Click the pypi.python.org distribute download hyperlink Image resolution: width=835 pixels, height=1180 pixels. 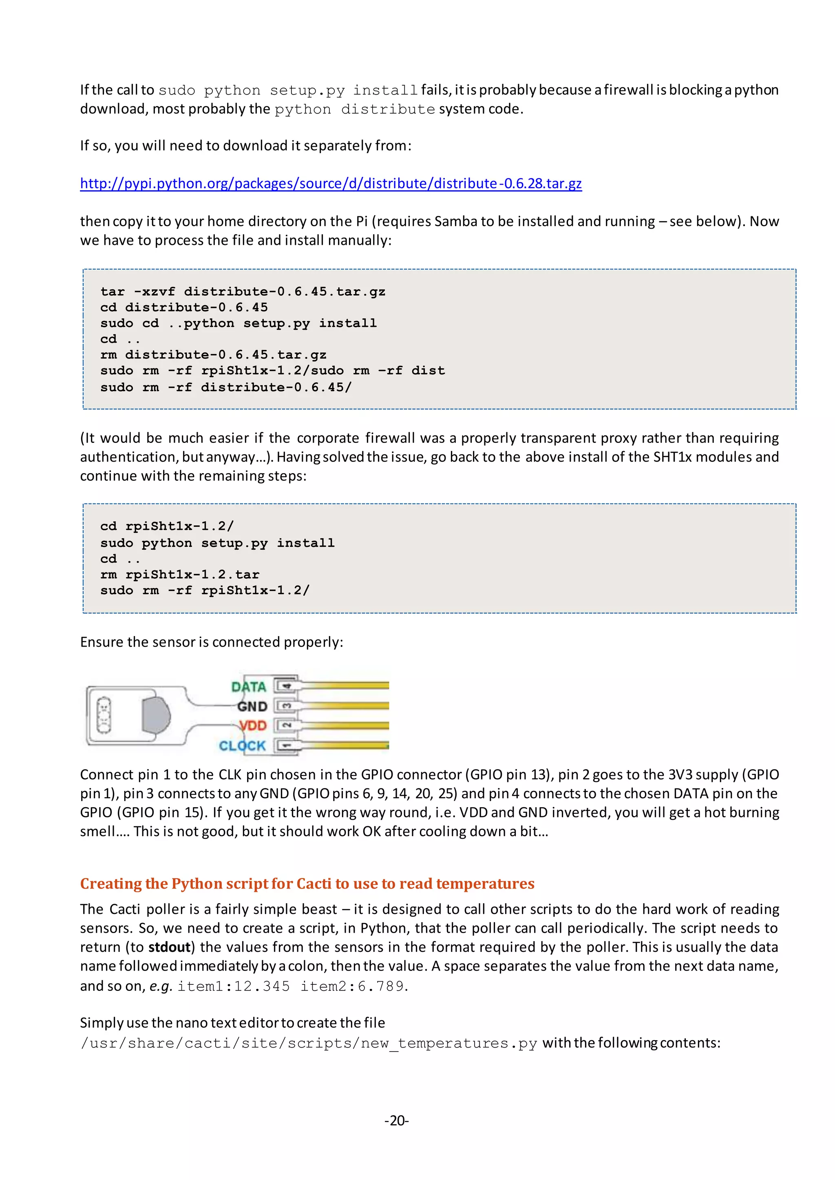pyautogui.click(x=331, y=183)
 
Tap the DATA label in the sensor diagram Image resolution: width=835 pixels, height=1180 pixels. pyautogui.click(x=248, y=687)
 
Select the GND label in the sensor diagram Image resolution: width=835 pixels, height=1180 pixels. pyautogui.click(x=252, y=707)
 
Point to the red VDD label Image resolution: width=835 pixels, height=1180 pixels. pyautogui.click(x=253, y=726)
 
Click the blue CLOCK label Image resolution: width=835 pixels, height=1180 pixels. pyautogui.click(x=242, y=746)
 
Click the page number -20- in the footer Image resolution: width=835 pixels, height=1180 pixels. pyautogui.click(x=396, y=1121)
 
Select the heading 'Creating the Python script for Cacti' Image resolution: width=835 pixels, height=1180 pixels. pyautogui.click(x=307, y=883)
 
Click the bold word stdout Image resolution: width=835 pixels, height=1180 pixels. pyautogui.click(x=170, y=947)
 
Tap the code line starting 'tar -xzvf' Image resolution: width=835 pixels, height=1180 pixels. pyautogui.click(x=243, y=291)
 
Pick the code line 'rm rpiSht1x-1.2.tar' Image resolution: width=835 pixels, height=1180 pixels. pyautogui.click(x=179, y=574)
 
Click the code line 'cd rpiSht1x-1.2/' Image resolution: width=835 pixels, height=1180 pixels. pyautogui.click(x=167, y=526)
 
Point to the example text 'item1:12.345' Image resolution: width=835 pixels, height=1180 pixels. pyautogui.click(x=234, y=986)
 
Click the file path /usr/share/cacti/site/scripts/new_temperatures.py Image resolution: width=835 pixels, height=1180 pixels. pyautogui.click(x=309, y=1043)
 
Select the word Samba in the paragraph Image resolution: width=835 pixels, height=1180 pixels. pyautogui.click(x=455, y=222)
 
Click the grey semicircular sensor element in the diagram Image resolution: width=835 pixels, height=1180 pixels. pyautogui.click(x=156, y=715)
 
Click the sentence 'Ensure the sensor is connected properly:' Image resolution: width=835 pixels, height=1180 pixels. pyautogui.click(x=211, y=642)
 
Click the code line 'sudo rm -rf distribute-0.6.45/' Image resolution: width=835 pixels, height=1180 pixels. pyautogui.click(x=226, y=387)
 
